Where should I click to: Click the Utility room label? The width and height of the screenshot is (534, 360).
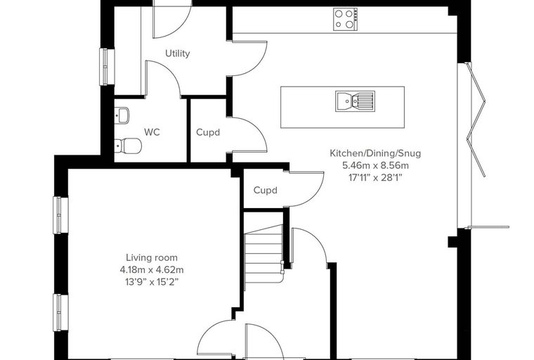tap(178, 53)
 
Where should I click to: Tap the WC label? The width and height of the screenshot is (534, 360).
tap(152, 132)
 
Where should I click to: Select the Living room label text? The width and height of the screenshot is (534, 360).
tap(152, 257)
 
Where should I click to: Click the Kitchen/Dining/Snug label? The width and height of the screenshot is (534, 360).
tap(375, 153)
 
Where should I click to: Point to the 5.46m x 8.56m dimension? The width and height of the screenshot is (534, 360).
tap(375, 166)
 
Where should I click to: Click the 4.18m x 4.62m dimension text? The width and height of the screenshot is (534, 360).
tap(152, 270)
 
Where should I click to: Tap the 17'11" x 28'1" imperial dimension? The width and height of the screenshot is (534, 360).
tap(375, 178)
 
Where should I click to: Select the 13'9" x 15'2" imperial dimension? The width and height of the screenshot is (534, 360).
tap(152, 282)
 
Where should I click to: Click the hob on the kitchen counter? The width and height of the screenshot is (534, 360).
tap(346, 20)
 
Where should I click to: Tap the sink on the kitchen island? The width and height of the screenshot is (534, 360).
tap(355, 101)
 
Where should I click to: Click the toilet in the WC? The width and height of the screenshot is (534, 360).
tap(128, 146)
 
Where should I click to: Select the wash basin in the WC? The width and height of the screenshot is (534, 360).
tap(122, 115)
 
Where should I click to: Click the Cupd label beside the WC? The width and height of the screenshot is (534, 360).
tap(208, 133)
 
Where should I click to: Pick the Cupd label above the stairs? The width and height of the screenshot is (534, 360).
tap(266, 191)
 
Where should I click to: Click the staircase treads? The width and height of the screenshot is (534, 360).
tap(264, 253)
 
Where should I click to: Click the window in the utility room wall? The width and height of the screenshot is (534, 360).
tap(107, 67)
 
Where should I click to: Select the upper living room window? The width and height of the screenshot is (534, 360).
tap(60, 215)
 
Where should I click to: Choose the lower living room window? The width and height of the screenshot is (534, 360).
tap(60, 313)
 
